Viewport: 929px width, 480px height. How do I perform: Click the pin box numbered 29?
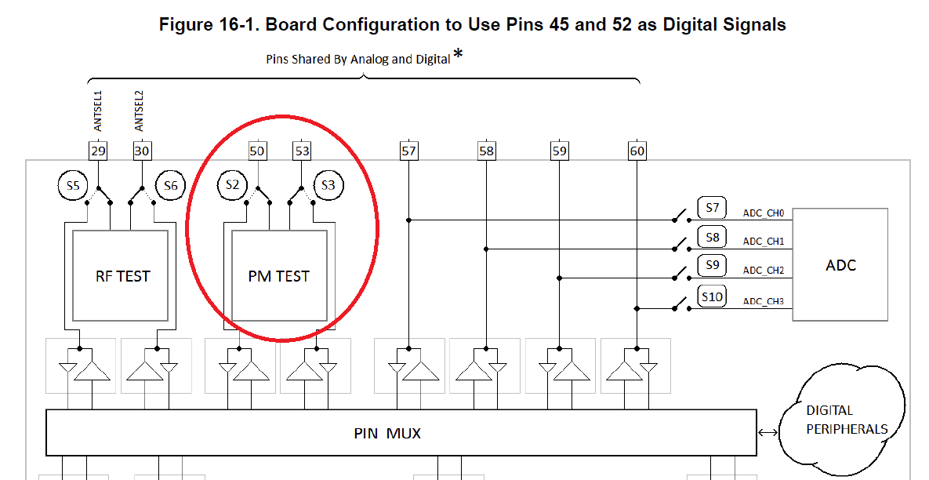click(x=98, y=151)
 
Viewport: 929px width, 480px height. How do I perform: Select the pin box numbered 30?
click(x=142, y=151)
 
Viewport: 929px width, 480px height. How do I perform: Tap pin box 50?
click(x=257, y=151)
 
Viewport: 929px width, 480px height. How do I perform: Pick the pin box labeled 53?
click(x=302, y=151)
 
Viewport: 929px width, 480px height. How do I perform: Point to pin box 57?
click(x=408, y=151)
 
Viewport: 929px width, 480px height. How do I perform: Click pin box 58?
click(x=486, y=151)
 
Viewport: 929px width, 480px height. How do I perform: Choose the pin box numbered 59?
click(x=559, y=151)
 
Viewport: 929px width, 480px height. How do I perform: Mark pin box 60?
click(x=637, y=151)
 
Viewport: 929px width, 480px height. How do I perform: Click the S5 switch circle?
click(x=72, y=186)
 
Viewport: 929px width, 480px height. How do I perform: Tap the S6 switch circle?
click(x=170, y=186)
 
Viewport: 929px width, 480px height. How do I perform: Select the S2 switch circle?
click(x=232, y=186)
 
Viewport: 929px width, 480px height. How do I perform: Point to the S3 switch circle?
click(x=328, y=186)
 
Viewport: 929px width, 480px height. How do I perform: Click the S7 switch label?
click(x=712, y=208)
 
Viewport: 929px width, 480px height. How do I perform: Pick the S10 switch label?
click(x=712, y=297)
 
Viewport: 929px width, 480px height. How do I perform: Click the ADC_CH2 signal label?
click(x=764, y=271)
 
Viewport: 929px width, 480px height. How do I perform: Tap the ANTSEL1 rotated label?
click(x=98, y=111)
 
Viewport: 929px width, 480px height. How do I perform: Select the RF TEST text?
click(x=122, y=276)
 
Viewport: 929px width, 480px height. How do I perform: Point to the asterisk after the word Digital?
click(x=458, y=54)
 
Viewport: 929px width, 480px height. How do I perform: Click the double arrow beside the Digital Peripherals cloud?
click(x=768, y=432)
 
